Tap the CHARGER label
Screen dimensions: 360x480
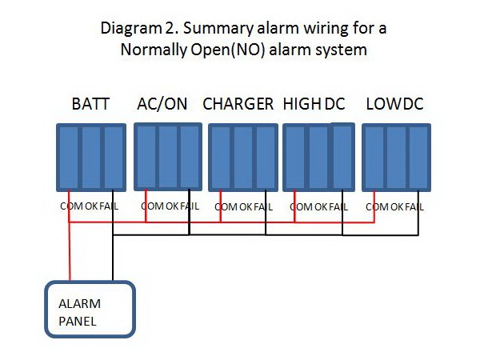(238, 104)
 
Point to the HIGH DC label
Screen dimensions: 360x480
(314, 104)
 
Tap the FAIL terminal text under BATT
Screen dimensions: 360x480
(114, 206)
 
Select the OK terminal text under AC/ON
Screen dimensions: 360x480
(171, 206)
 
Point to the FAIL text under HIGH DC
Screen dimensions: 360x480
(338, 206)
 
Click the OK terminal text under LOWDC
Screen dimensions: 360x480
(398, 206)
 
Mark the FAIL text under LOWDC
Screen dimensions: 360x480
(414, 206)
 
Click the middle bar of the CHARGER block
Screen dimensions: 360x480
(242, 158)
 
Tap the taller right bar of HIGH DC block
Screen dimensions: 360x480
(342, 156)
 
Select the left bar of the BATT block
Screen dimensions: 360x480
(68, 158)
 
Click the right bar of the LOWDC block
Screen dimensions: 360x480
(417, 158)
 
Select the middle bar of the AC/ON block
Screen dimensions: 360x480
(167, 157)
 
